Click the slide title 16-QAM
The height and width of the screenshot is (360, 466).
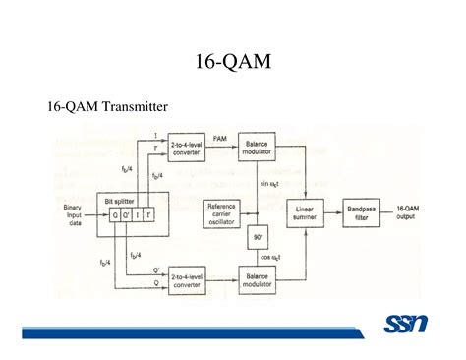[x=232, y=62]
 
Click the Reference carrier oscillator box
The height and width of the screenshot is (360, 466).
[x=220, y=213]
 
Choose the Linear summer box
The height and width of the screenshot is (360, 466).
[x=304, y=213]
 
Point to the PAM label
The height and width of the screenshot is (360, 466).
[x=220, y=139]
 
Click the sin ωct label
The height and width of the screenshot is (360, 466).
[x=270, y=184]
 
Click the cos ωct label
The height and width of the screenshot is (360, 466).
[x=270, y=256]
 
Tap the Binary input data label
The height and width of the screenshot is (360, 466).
[x=72, y=214]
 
